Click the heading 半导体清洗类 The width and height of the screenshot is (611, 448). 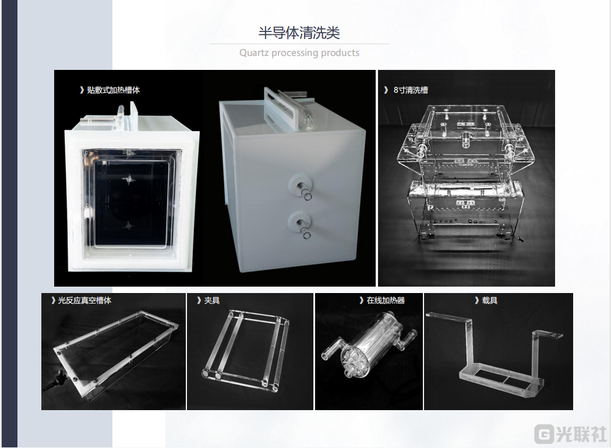tap(299, 33)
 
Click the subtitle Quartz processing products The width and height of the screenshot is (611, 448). tap(299, 52)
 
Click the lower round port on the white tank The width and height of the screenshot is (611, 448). tap(299, 224)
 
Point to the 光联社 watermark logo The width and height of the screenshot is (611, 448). tap(570, 434)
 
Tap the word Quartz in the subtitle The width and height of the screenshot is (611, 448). tap(254, 52)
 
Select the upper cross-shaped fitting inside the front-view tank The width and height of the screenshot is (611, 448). tap(128, 180)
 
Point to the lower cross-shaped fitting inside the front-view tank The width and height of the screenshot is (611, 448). tap(128, 225)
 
